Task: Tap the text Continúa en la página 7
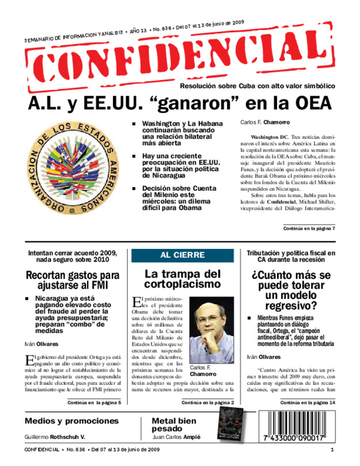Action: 309,229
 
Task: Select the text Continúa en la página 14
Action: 308,403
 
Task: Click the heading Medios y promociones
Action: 67,421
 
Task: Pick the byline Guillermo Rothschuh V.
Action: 55,437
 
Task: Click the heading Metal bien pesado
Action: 174,425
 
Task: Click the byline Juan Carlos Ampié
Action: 176,437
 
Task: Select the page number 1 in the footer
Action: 332,449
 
